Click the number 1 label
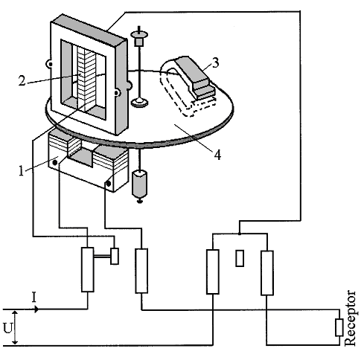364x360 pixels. coord(22,171)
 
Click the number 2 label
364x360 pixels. coord(22,80)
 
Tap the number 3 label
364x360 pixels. coord(216,62)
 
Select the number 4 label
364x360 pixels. coord(217,155)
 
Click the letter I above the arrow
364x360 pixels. coord(33,298)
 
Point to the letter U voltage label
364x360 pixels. coord(7,328)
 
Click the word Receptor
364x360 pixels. coord(351,318)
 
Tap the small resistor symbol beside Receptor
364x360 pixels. coord(339,327)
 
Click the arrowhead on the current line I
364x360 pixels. coord(36,309)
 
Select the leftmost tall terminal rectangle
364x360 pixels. coord(88,269)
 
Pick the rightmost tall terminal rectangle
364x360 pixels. coord(267,273)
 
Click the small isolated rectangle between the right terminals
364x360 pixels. coord(240,258)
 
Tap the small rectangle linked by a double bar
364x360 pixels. coord(115,256)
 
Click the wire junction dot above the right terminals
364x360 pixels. coord(239,234)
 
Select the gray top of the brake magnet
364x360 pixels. coord(191,68)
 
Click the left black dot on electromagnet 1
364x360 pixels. coord(55,162)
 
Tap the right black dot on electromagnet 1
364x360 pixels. coord(109,184)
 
